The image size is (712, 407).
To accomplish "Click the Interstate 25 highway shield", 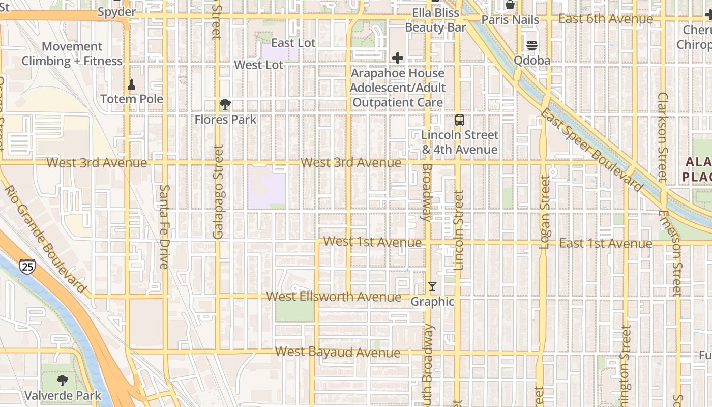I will click(x=27, y=266).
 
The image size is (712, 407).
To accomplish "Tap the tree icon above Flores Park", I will click(x=225, y=105).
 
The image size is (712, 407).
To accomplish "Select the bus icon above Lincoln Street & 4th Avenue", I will click(x=460, y=120).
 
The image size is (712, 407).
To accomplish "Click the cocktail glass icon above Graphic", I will click(x=432, y=286).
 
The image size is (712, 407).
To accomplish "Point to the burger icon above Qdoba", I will click(x=532, y=45).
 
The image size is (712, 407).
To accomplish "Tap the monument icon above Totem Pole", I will click(x=132, y=84).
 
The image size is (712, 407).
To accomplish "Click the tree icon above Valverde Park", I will click(x=63, y=381).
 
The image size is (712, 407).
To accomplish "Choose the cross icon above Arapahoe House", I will click(x=398, y=58).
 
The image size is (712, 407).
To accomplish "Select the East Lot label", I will click(x=293, y=43).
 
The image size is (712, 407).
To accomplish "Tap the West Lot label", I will click(x=259, y=65).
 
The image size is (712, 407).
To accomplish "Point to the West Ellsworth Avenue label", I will click(x=334, y=297).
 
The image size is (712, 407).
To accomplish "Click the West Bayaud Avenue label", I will click(x=338, y=352).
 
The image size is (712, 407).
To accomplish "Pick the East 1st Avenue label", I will click(x=606, y=243).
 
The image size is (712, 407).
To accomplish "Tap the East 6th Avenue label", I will click(x=606, y=19).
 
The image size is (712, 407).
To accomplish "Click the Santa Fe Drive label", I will click(x=164, y=226).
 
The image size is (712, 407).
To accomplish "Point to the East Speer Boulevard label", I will click(x=592, y=149).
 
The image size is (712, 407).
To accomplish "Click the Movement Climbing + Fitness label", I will click(x=72, y=54).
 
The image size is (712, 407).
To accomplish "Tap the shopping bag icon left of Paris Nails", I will click(x=510, y=5).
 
